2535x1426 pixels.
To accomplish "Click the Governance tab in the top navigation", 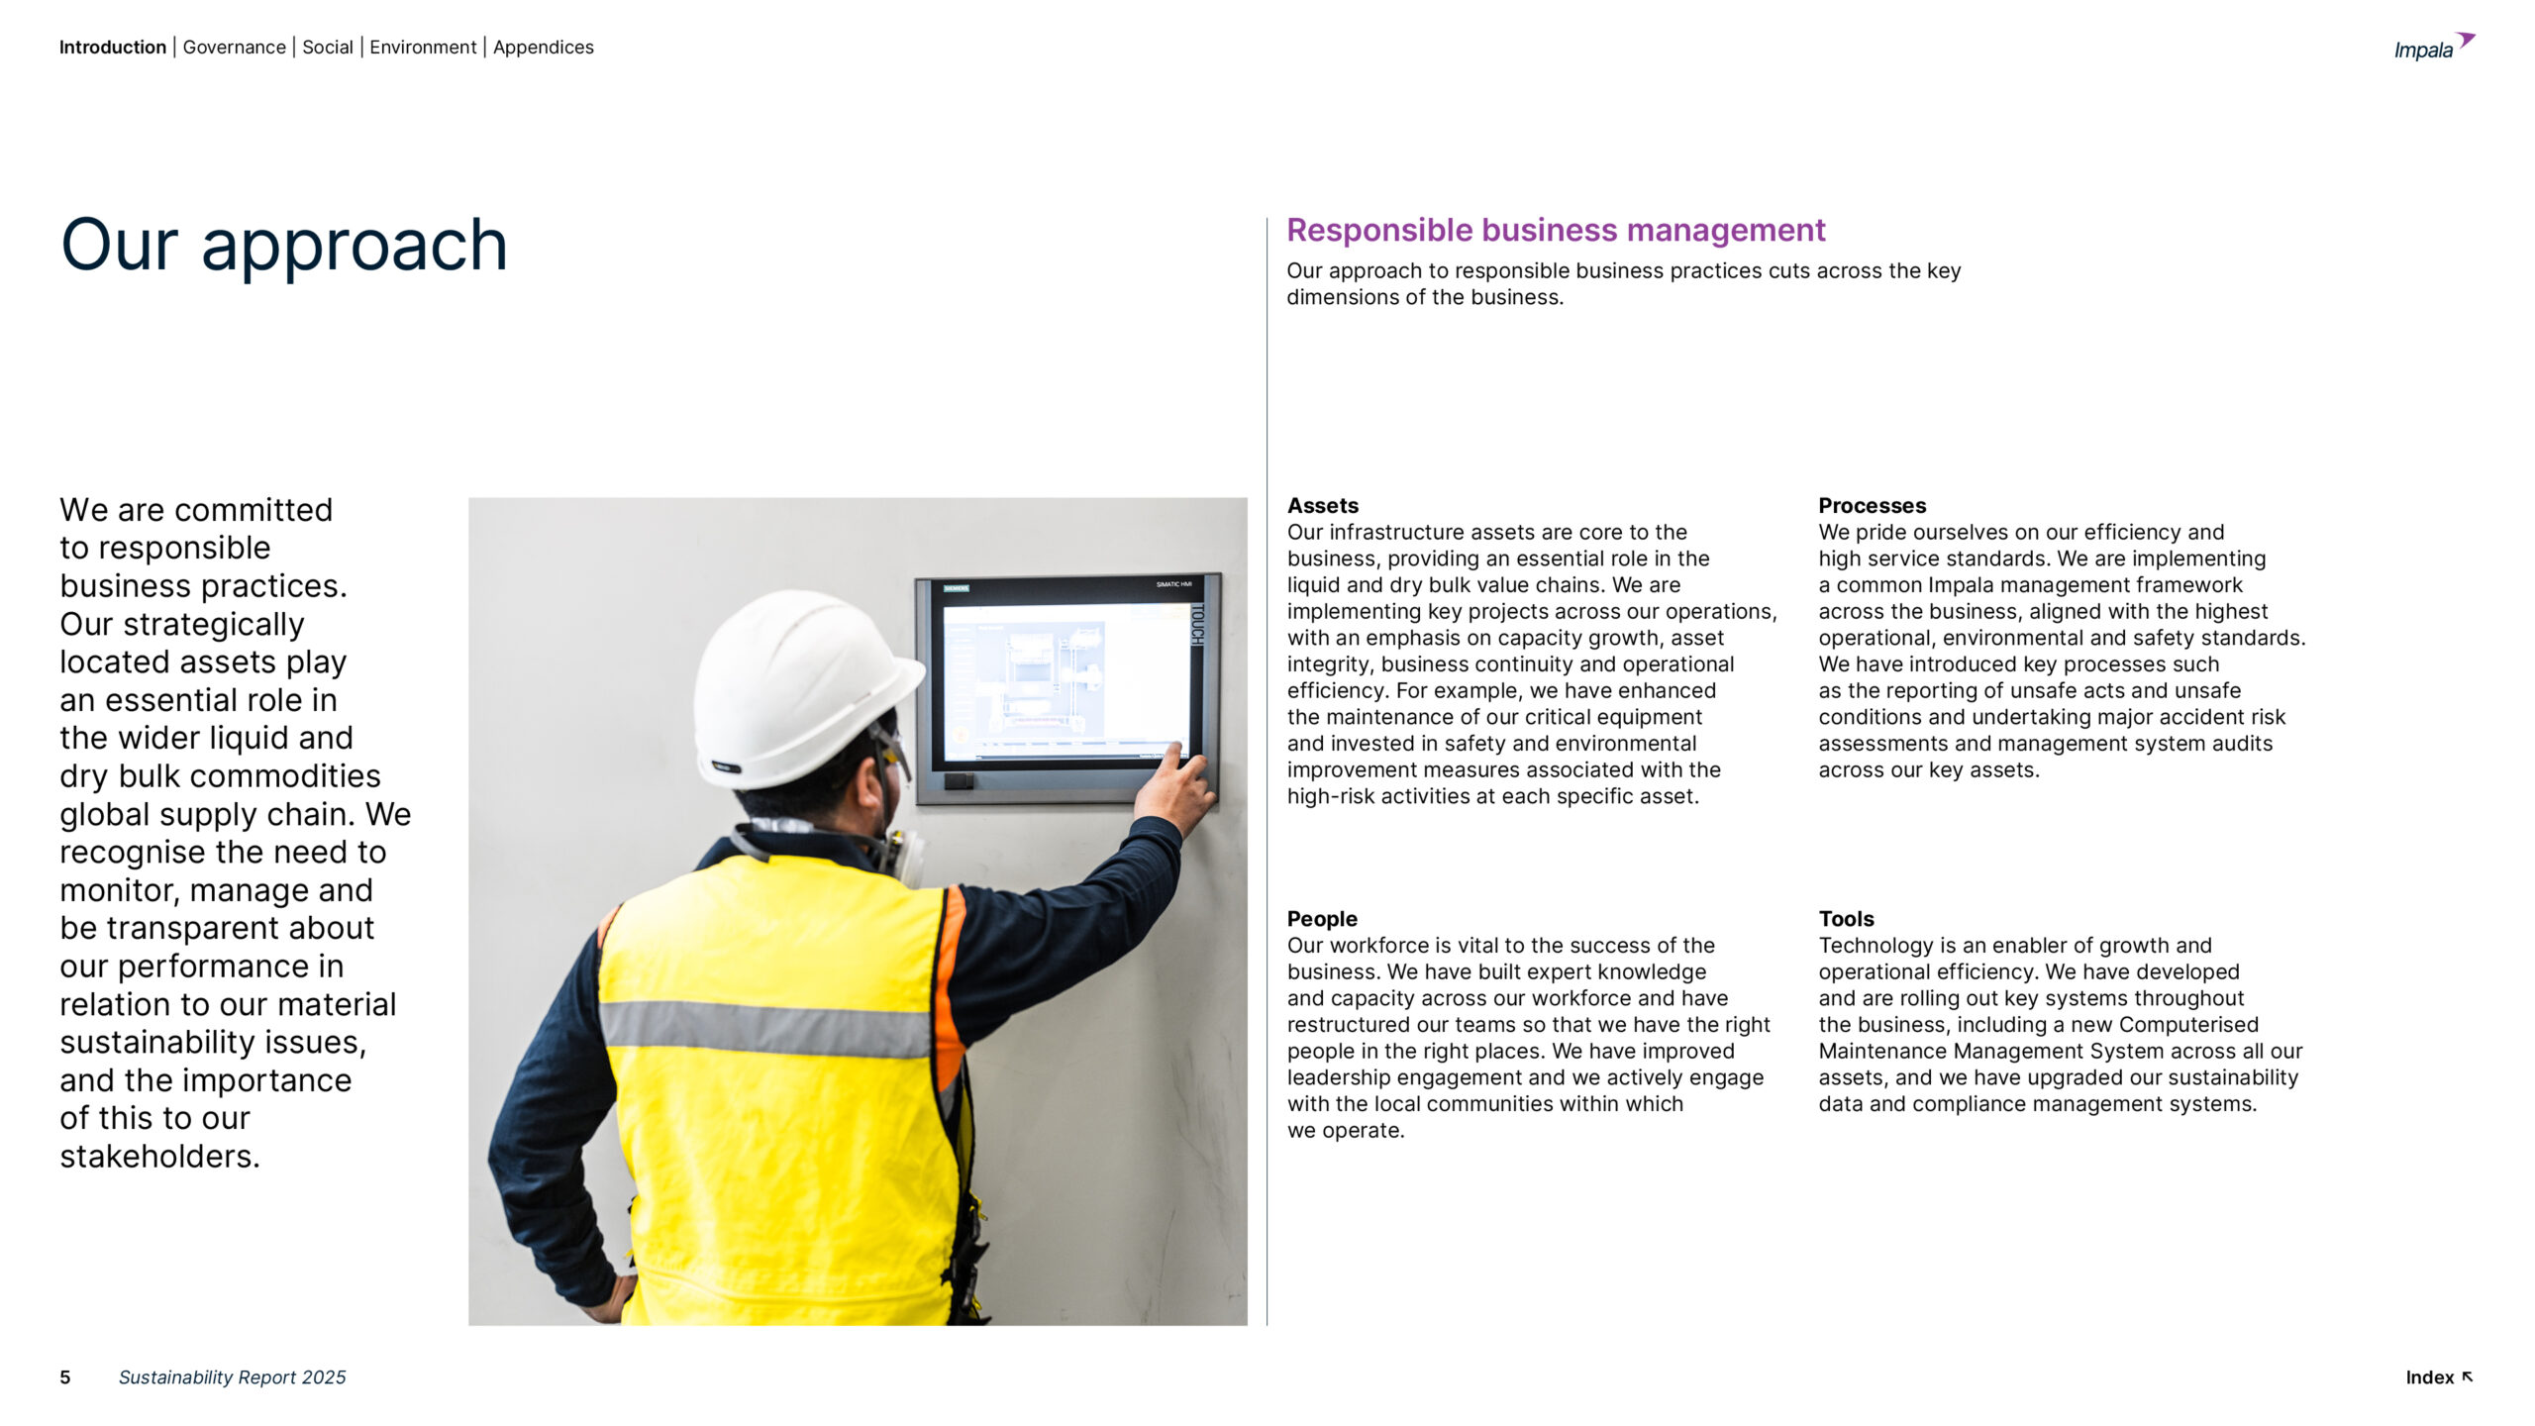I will coord(234,48).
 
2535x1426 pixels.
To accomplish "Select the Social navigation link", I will coord(327,48).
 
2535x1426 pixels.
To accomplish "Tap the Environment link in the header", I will coord(423,48).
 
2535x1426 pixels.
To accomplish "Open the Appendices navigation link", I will coord(543,48).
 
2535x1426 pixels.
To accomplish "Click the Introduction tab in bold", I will coord(113,48).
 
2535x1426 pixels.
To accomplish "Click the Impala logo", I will coord(2433,48).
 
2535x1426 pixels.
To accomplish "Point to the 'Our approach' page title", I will coord(284,245).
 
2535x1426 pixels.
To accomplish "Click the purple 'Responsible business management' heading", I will coord(1555,230).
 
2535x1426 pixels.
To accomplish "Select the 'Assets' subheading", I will coord(1322,506).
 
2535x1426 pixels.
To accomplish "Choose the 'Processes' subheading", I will coord(1872,506).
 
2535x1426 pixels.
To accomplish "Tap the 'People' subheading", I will coord(1321,919).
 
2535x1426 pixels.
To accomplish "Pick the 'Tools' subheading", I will coord(1846,919).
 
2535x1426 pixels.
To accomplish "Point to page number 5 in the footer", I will coord(65,1377).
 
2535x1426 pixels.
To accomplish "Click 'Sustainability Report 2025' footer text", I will coord(232,1377).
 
